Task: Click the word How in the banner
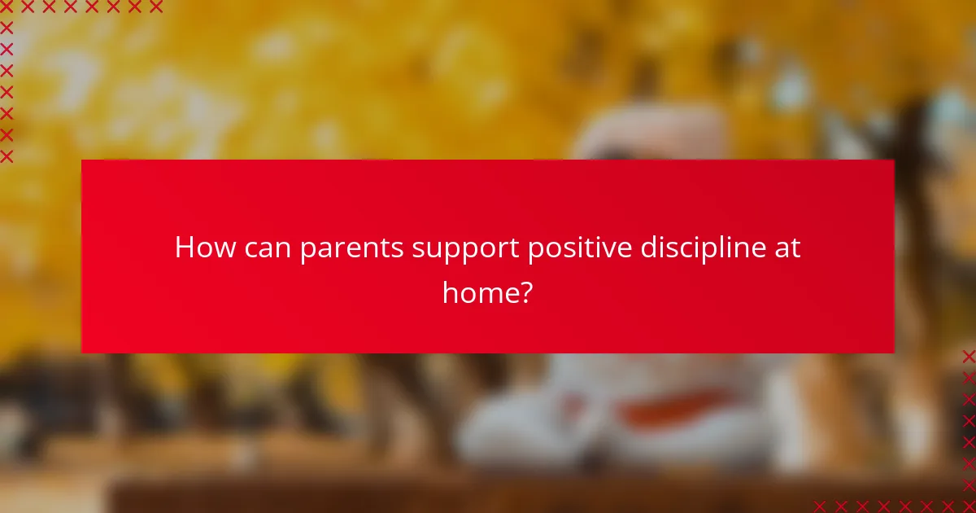[204, 248]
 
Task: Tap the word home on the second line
[479, 291]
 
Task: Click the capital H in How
[185, 248]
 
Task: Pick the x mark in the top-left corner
[7, 7]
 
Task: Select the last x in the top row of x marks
[155, 7]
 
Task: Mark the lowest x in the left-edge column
[7, 156]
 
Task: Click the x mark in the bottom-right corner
[969, 506]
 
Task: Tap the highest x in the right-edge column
[969, 356]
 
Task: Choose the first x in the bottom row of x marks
[819, 506]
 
